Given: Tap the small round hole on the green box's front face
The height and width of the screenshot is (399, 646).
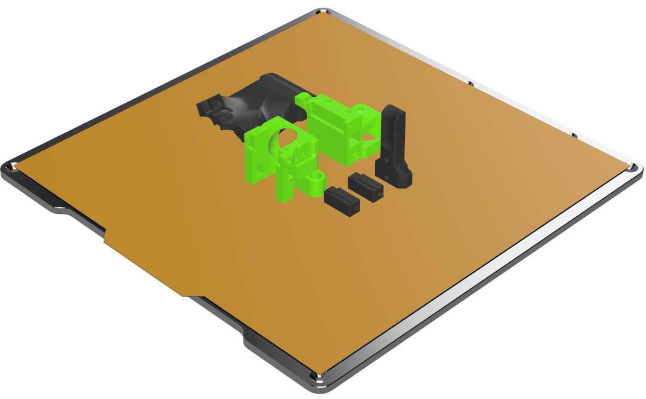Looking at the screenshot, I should [x=356, y=154].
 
